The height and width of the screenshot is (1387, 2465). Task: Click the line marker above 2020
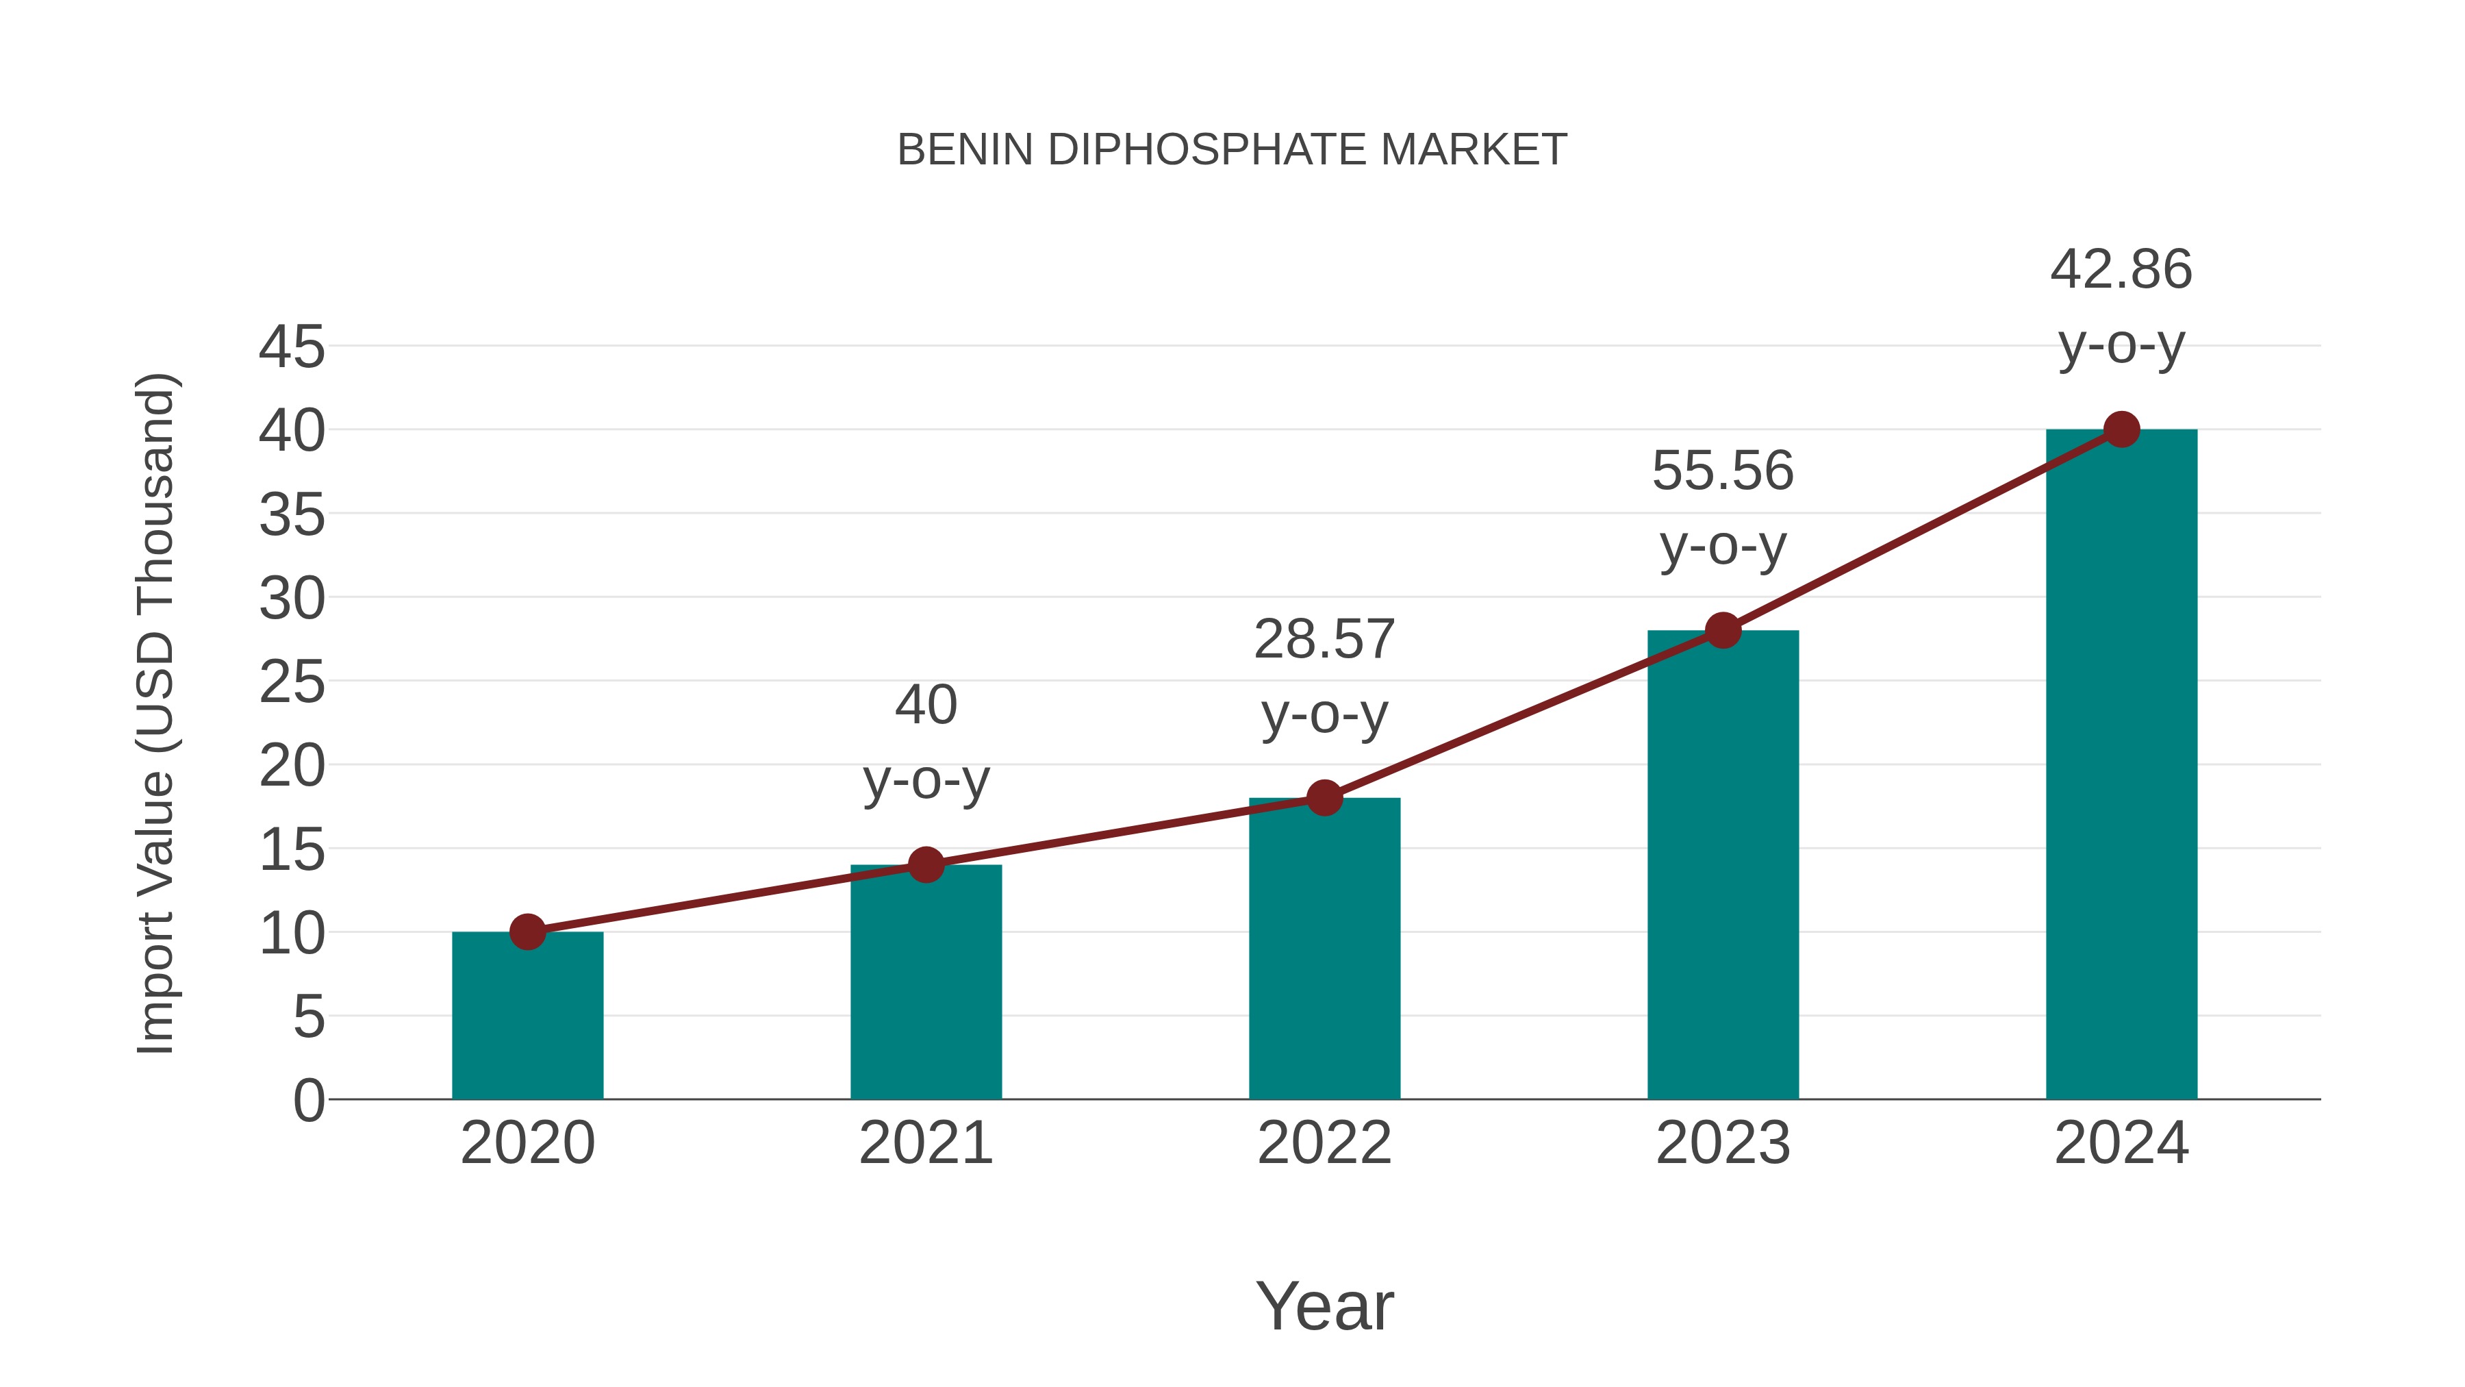click(x=527, y=932)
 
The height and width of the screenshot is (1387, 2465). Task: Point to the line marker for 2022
click(x=1324, y=797)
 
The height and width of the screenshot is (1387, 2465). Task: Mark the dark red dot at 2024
click(x=2121, y=429)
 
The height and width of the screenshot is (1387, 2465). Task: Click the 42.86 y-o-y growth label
click(x=2121, y=306)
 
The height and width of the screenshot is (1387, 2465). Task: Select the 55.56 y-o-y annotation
click(x=1723, y=508)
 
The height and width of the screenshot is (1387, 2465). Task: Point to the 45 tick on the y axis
click(x=292, y=347)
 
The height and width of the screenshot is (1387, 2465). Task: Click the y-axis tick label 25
click(x=292, y=682)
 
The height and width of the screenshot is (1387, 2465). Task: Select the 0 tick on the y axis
click(x=308, y=1101)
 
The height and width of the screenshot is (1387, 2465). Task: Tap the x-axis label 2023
click(x=1723, y=1143)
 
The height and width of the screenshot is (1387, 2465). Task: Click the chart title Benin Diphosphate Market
click(x=1232, y=150)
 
